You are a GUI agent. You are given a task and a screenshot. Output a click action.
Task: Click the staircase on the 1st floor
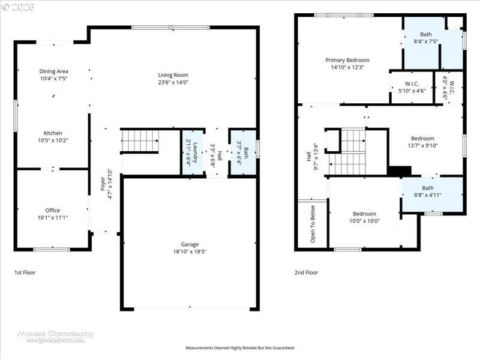coord(140,142)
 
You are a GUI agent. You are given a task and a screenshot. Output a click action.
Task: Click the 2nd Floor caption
coord(306,272)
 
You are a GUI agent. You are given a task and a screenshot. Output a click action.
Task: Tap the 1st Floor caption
coord(25,272)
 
